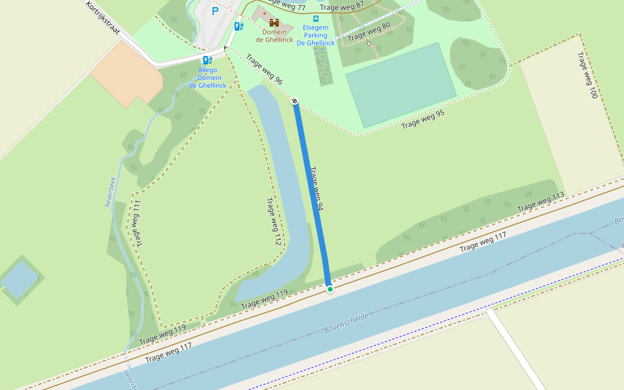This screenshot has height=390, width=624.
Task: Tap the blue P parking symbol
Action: point(215,11)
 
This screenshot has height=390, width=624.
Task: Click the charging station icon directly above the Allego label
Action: point(208,60)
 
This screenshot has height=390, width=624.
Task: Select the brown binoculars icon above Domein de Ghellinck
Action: point(274,23)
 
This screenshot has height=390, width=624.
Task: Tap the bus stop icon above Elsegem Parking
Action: point(315,19)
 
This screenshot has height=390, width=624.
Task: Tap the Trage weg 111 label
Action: point(138,224)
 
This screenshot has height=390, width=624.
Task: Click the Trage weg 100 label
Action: point(586,75)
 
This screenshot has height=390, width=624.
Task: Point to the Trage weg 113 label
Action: point(541,202)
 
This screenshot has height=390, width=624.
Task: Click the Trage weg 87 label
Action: point(342,6)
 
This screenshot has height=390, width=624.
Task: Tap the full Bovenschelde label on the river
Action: point(346,323)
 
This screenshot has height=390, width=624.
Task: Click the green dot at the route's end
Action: point(330,289)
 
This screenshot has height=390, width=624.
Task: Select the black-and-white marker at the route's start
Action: point(294,101)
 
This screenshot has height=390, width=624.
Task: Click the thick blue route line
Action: point(312,195)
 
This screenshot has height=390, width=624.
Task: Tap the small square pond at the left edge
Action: point(19,278)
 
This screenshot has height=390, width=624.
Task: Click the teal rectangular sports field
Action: point(400,85)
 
